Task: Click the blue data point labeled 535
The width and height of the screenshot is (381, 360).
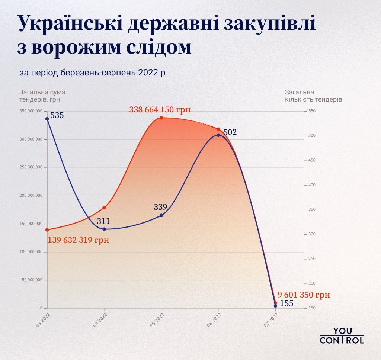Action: click(47, 119)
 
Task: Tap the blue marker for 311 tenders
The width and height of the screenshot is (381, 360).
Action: click(104, 229)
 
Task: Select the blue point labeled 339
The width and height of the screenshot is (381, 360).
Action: click(161, 215)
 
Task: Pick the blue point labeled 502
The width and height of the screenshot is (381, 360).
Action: click(218, 135)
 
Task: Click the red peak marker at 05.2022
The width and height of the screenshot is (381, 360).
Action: click(161, 118)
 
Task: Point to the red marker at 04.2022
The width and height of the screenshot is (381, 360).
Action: click(104, 208)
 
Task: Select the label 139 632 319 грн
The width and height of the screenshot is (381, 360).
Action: click(79, 240)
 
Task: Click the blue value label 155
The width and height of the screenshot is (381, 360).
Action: click(286, 303)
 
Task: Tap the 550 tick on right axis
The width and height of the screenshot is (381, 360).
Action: click(312, 111)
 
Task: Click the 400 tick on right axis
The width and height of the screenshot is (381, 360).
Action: click(312, 185)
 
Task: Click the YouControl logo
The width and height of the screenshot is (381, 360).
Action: click(342, 335)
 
